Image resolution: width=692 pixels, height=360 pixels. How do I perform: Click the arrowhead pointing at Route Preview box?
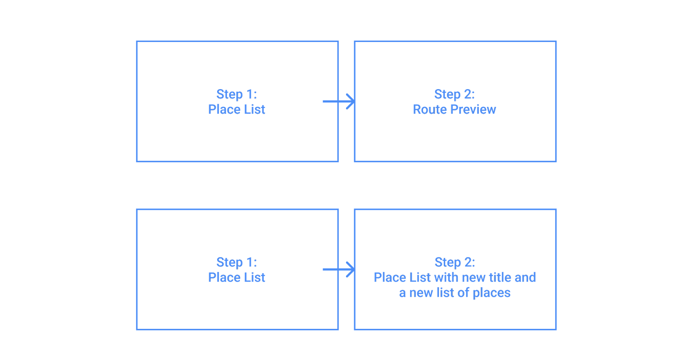click(351, 101)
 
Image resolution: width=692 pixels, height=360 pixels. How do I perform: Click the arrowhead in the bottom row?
click(351, 270)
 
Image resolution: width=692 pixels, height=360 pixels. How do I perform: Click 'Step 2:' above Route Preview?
click(455, 94)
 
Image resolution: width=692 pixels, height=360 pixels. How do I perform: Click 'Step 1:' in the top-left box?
click(237, 94)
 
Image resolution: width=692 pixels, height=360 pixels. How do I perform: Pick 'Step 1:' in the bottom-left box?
click(237, 262)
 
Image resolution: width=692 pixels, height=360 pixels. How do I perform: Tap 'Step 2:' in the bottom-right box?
click(455, 262)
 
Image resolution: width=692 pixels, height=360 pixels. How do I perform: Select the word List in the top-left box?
click(254, 109)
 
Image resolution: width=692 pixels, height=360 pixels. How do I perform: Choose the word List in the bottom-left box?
click(254, 277)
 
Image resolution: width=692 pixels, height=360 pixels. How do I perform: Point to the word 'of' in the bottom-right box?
click(463, 293)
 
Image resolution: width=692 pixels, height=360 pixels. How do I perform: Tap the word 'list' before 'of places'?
click(445, 293)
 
